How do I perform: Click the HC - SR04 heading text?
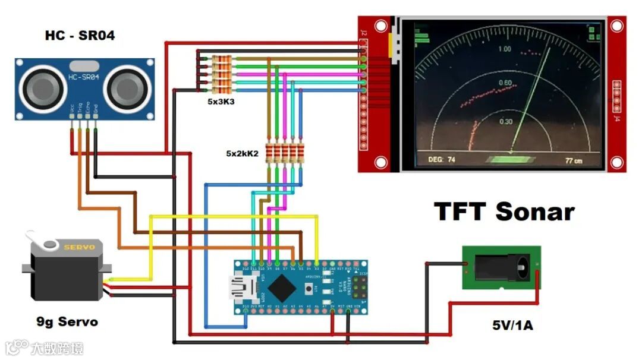click(x=80, y=36)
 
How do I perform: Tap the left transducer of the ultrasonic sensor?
click(x=45, y=89)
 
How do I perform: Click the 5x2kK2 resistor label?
click(x=242, y=153)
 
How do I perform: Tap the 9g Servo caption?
click(x=67, y=323)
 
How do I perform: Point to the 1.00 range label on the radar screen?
click(x=504, y=49)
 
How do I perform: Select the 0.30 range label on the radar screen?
click(x=505, y=121)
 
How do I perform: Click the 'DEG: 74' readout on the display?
click(x=442, y=159)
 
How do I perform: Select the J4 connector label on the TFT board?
click(x=616, y=119)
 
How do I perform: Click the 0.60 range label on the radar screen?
click(x=505, y=83)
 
